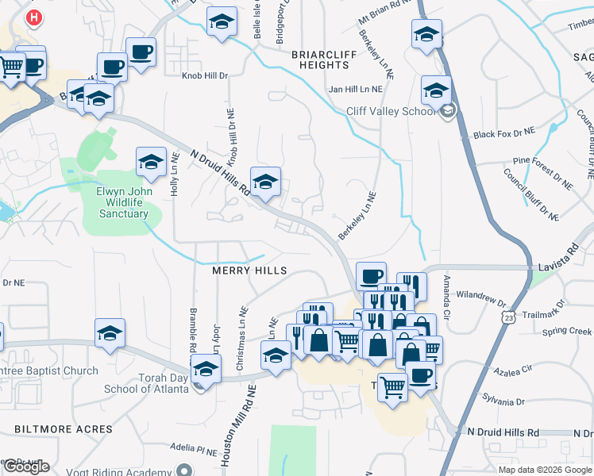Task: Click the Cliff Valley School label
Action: point(391,111)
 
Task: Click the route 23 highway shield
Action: point(507,317)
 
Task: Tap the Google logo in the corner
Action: point(26,466)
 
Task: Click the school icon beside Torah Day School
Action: point(206,370)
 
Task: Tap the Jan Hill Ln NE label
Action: point(361,88)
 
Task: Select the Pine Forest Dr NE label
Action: point(542,172)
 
